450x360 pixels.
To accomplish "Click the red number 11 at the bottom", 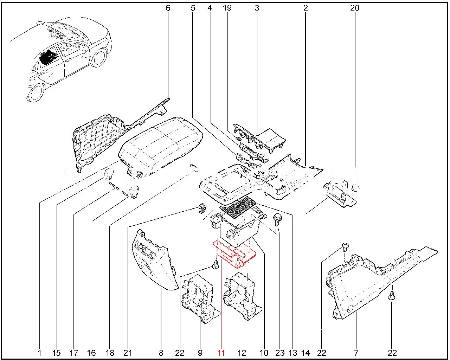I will click(x=221, y=353).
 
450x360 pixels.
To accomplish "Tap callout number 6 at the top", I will click(x=168, y=8).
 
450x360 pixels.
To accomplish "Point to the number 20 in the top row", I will click(x=355, y=8).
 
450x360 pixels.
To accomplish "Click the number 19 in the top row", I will click(x=227, y=8).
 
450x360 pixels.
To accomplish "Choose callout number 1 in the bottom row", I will click(x=39, y=353).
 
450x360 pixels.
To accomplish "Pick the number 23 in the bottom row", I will click(x=279, y=353).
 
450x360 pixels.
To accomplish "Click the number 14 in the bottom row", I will click(x=306, y=353).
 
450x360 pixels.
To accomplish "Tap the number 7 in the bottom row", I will click(x=356, y=353).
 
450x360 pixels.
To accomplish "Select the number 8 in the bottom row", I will click(x=161, y=353).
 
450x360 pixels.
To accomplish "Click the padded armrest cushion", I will click(x=160, y=144).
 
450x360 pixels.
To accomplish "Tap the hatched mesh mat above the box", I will click(x=237, y=207).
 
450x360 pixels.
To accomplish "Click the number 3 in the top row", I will click(x=257, y=8).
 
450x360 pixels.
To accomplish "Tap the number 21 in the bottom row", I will click(x=127, y=353).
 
